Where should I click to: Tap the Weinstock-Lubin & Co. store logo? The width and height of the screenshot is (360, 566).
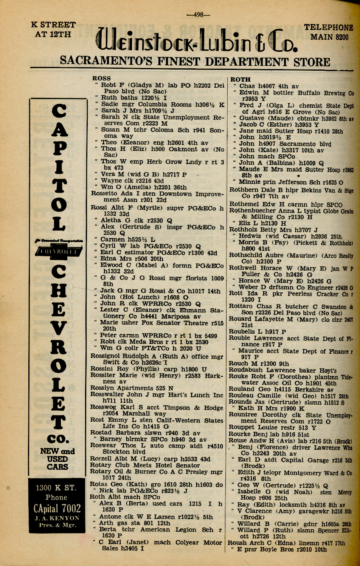point(196,41)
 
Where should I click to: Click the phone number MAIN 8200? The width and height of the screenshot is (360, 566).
point(329,37)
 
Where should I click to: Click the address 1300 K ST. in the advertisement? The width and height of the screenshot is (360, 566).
point(56,487)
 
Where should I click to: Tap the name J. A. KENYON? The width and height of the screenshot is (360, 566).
point(57,518)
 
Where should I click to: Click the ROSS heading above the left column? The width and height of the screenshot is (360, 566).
point(102,79)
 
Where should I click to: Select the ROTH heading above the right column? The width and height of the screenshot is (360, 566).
point(240,79)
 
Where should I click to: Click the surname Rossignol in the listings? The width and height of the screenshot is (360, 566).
point(107,356)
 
